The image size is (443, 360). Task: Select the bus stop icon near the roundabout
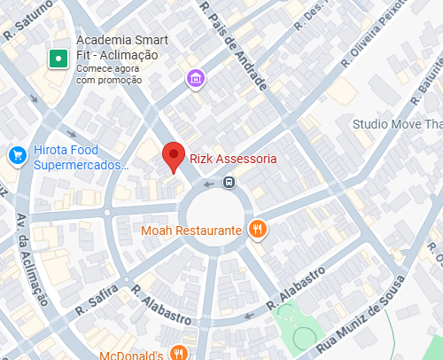click(229, 183)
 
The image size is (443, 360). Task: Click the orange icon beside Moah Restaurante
click(258, 230)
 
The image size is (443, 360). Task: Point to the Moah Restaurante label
click(191, 231)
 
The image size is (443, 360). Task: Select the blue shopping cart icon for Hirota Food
click(17, 156)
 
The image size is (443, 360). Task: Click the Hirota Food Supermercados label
click(81, 158)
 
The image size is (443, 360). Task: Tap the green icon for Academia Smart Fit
click(58, 59)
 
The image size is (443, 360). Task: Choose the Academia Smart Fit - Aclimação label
click(117, 48)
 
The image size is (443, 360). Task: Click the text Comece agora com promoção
click(108, 74)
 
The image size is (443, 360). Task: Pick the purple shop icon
click(196, 79)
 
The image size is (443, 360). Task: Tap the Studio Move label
click(397, 124)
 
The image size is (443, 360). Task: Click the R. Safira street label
click(94, 303)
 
